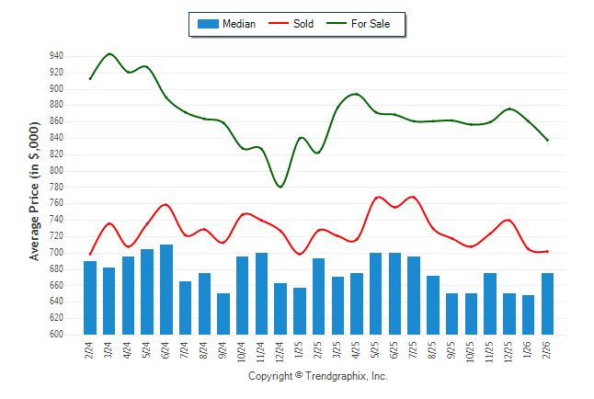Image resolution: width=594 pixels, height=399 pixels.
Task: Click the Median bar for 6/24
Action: (x=166, y=290)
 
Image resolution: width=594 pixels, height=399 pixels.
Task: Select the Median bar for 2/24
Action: (x=90, y=298)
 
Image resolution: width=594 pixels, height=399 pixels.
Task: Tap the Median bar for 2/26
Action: (x=548, y=303)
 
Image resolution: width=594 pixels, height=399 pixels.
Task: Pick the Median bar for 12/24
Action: (x=281, y=309)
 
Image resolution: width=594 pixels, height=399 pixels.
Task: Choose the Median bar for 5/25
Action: (x=376, y=293)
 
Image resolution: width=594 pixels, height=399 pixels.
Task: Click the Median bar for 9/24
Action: (x=223, y=313)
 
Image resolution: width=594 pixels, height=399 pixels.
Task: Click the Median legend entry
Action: (x=226, y=24)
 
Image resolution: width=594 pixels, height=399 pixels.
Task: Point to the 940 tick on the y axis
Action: (x=57, y=56)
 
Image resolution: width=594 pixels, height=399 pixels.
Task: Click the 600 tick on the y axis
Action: (x=57, y=335)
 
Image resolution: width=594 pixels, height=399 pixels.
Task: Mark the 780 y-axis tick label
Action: (x=57, y=187)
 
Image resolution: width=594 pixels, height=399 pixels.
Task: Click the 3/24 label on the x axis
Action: (x=109, y=350)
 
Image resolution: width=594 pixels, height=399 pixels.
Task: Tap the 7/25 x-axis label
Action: (x=415, y=350)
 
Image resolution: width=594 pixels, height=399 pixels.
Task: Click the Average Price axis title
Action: (x=35, y=196)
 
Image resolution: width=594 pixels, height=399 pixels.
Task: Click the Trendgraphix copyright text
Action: (x=318, y=377)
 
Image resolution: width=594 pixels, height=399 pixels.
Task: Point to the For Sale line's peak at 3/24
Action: (x=110, y=54)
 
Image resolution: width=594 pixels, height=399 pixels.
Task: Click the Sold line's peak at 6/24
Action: (x=166, y=204)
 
